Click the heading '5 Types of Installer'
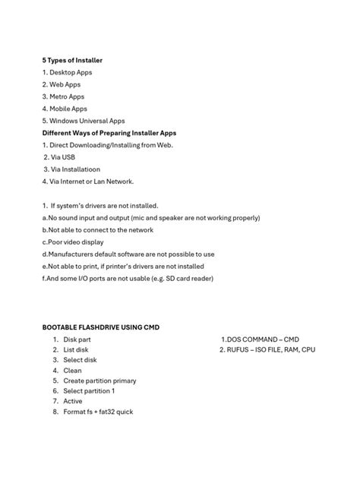coord(72,59)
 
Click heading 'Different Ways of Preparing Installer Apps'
coord(109,132)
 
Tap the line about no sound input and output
coord(152,217)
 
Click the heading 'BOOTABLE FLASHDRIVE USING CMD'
coord(101,327)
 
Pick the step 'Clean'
coord(72,371)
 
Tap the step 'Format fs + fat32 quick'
coord(98,412)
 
